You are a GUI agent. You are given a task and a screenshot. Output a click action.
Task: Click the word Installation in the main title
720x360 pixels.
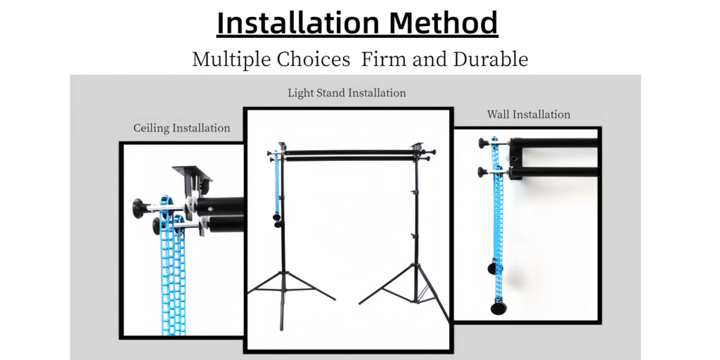click(299, 22)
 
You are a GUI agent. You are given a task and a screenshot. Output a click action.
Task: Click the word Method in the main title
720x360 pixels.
click(444, 22)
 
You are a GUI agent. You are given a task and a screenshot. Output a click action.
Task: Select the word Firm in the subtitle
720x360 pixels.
click(383, 59)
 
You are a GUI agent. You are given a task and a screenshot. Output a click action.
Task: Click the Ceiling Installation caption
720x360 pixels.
click(182, 128)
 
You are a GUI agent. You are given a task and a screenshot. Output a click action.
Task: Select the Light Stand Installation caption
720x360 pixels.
click(347, 93)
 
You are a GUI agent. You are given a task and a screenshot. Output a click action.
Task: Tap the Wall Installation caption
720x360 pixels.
click(529, 114)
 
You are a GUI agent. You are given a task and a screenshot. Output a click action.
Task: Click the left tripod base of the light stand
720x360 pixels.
click(285, 288)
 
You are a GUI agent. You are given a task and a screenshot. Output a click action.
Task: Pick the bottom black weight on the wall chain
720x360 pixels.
click(499, 308)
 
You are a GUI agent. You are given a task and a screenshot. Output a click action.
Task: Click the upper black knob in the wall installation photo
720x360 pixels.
click(484, 143)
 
